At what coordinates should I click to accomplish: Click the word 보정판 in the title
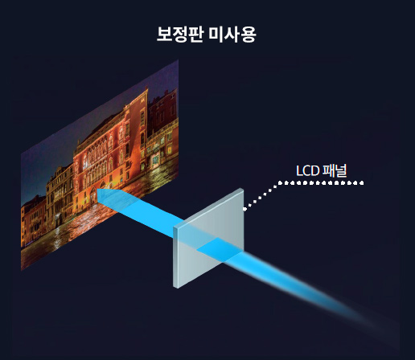pyautogui.click(x=179, y=35)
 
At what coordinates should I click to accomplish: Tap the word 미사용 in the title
pyautogui.click(x=232, y=35)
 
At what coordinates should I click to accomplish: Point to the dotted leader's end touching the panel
pyautogui.click(x=245, y=208)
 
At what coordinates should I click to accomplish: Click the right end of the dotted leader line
pyautogui.click(x=362, y=183)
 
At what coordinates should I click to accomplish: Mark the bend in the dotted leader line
pyautogui.click(x=279, y=183)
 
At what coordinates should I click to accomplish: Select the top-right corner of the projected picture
pyautogui.click(x=179, y=60)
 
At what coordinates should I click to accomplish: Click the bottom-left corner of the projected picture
pyautogui.click(x=21, y=271)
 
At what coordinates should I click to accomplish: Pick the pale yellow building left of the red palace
pyautogui.click(x=60, y=193)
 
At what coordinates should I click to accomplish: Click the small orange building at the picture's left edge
pyautogui.click(x=33, y=219)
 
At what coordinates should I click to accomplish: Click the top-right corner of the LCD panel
pyautogui.click(x=243, y=189)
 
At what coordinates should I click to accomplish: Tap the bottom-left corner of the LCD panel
pyautogui.click(x=175, y=287)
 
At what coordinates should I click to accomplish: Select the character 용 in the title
pyautogui.click(x=248, y=35)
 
